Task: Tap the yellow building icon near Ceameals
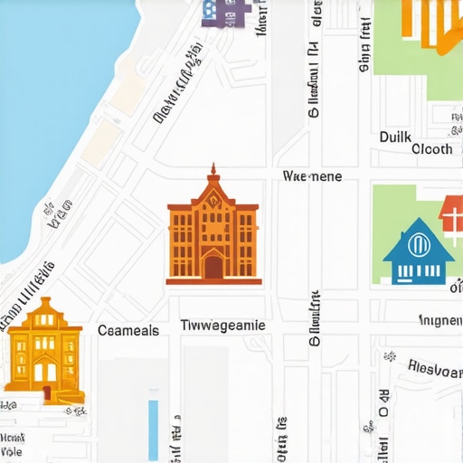(43, 348)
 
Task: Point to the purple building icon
(224, 11)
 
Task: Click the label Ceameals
(128, 331)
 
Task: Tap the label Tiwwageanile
(222, 325)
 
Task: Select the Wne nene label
(312, 176)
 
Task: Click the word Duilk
(394, 137)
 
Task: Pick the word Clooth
(431, 149)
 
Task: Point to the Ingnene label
(440, 319)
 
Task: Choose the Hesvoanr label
(435, 366)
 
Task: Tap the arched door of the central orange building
(213, 266)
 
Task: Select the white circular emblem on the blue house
(418, 244)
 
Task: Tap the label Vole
(12, 450)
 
